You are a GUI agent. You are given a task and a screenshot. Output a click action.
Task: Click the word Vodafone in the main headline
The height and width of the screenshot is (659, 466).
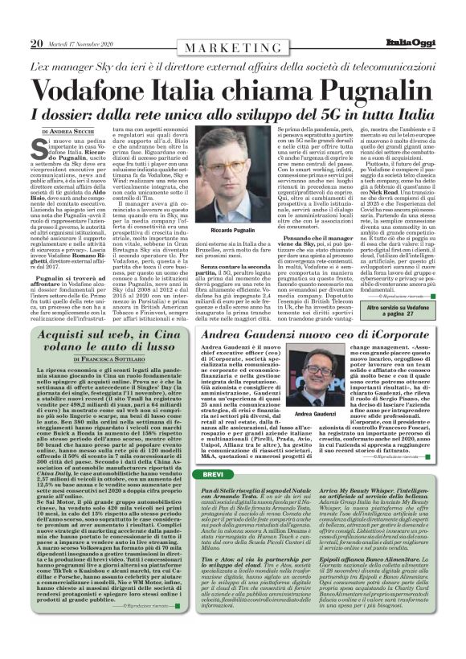96,85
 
